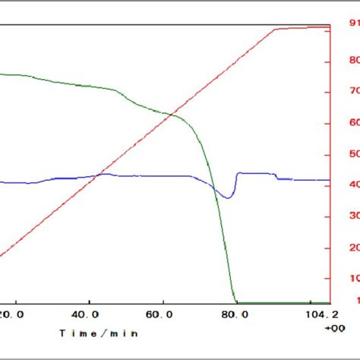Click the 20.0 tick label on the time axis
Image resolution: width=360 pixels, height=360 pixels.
tap(13, 313)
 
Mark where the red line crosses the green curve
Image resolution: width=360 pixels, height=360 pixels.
tap(172, 115)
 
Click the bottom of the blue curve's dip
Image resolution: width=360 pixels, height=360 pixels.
tap(227, 198)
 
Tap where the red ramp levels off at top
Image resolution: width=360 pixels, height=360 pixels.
tap(275, 30)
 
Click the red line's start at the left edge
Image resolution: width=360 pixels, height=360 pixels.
tap(2, 255)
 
